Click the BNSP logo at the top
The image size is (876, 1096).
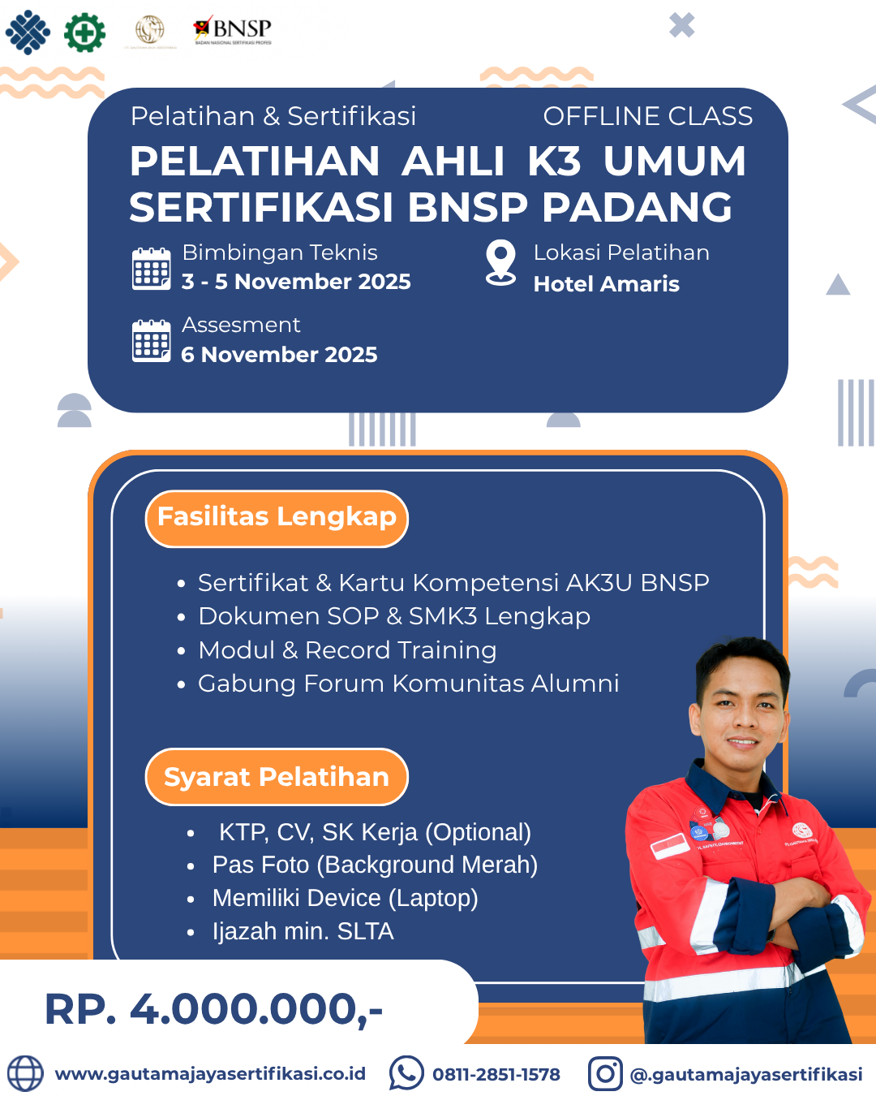click(233, 31)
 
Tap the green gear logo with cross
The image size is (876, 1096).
click(84, 32)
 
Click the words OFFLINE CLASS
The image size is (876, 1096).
click(647, 116)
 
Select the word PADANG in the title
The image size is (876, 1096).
click(637, 207)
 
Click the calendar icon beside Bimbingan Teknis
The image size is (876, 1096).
click(152, 269)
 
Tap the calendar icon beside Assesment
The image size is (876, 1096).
click(152, 341)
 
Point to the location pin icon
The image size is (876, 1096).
click(500, 262)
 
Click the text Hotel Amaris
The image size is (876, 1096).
click(606, 284)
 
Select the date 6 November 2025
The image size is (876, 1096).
click(279, 355)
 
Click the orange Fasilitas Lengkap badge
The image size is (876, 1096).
click(277, 518)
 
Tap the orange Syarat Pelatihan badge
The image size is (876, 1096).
click(277, 777)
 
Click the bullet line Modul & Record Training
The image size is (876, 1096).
click(347, 650)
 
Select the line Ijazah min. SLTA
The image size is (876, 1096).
click(303, 931)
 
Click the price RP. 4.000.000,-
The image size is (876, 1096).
click(214, 1009)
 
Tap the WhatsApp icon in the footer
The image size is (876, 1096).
click(406, 1073)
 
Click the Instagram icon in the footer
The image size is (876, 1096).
click(605, 1073)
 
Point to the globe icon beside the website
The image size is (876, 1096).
click(25, 1073)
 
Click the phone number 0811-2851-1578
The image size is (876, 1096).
click(496, 1075)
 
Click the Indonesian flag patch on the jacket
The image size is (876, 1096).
click(670, 845)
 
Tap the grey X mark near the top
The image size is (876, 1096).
click(682, 25)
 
